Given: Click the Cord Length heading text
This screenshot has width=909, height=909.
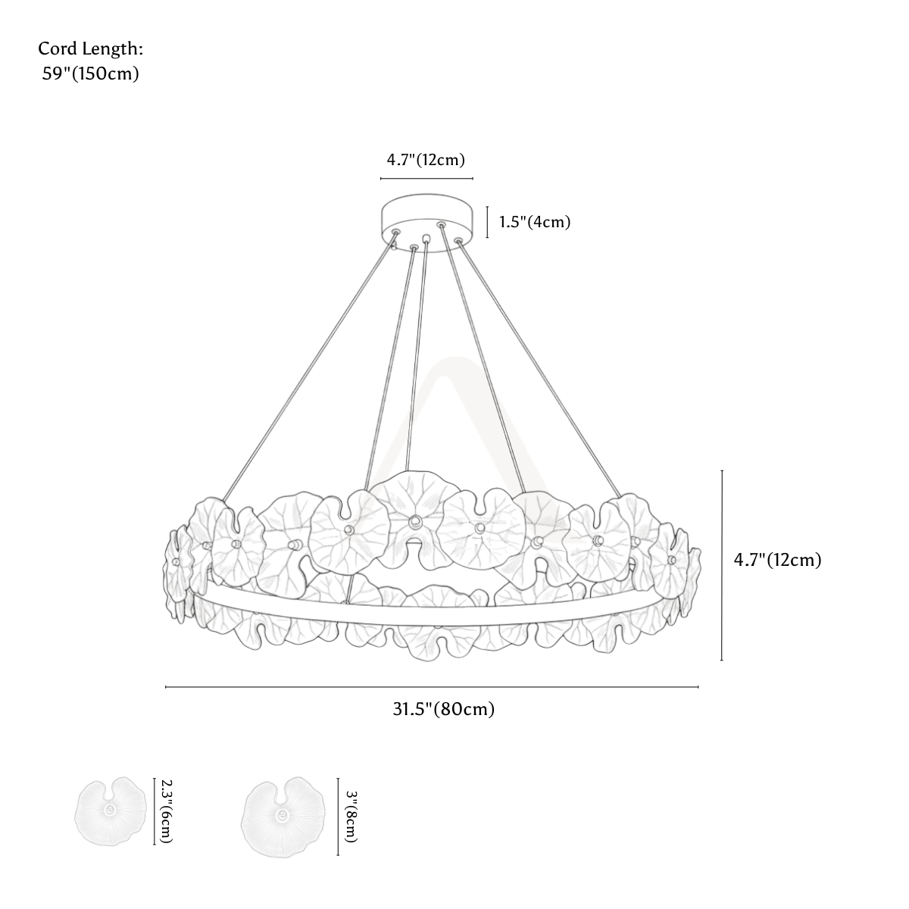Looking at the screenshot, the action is tap(91, 49).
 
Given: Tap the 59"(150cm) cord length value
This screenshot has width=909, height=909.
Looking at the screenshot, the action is tap(91, 73).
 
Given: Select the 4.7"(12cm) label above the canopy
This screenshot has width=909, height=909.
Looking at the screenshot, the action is tap(426, 160).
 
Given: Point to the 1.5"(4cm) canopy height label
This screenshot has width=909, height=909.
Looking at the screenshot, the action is tap(535, 222).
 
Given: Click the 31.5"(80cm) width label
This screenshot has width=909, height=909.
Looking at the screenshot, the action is tap(444, 709).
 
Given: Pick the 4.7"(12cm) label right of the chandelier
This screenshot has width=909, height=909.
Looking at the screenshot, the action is tap(777, 560).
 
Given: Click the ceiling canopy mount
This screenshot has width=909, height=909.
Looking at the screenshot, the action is tap(427, 223).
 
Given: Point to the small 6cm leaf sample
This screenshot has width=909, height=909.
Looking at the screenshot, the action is tap(111, 811).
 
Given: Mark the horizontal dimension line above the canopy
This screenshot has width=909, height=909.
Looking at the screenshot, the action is tap(426, 179).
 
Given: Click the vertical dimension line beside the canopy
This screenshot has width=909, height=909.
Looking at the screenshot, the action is tap(487, 222).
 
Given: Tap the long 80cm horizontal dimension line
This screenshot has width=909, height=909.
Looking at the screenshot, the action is tap(432, 687).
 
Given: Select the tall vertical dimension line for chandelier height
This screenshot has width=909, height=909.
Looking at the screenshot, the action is tap(722, 565).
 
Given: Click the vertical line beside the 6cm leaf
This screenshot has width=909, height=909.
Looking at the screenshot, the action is tap(155, 811).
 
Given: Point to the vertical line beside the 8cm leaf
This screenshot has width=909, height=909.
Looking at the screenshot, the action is tap(338, 817).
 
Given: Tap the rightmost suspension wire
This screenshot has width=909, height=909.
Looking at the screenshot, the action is tap(539, 368).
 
